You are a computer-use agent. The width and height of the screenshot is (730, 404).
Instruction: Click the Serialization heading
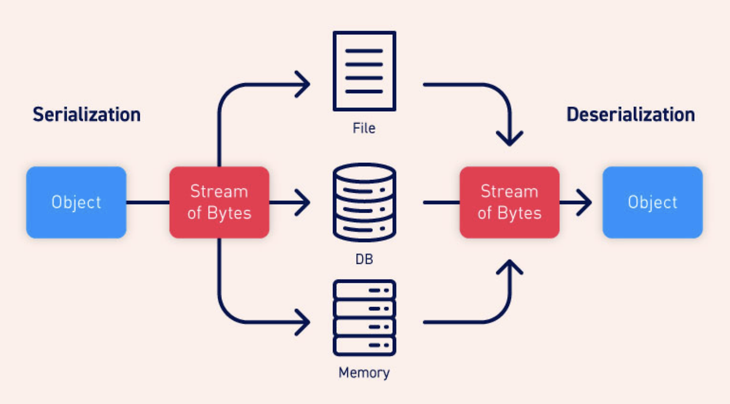coord(87,115)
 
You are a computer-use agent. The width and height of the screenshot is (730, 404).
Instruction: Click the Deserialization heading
coord(630,115)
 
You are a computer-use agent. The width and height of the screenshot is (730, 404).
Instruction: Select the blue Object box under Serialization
coord(76,202)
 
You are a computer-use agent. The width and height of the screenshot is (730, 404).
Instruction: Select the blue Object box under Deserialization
coord(652,202)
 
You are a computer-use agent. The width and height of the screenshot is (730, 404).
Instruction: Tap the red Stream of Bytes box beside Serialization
coord(219,202)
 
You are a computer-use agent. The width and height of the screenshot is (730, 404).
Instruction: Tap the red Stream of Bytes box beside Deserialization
coord(509,202)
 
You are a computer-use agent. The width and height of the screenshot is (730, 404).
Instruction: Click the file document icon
coord(364,71)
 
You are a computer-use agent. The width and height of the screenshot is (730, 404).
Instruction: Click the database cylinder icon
coord(364,202)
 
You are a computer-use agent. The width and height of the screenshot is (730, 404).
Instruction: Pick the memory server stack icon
coord(364,317)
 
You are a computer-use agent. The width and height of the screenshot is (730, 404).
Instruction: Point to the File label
coord(364,128)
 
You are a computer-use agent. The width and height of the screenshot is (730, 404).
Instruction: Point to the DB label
coord(364,259)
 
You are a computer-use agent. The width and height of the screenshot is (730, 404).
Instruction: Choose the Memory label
coord(364,373)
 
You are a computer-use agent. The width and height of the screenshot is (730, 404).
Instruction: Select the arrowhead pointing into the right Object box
coord(585,202)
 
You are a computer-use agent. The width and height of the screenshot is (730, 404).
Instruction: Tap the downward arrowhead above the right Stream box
coord(509,138)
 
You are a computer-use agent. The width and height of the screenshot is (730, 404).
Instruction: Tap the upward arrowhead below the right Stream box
coord(509,267)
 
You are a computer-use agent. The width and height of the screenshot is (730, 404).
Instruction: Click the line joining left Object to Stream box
coord(148,202)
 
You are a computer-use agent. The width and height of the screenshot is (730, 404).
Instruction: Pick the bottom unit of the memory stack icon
coord(364,345)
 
